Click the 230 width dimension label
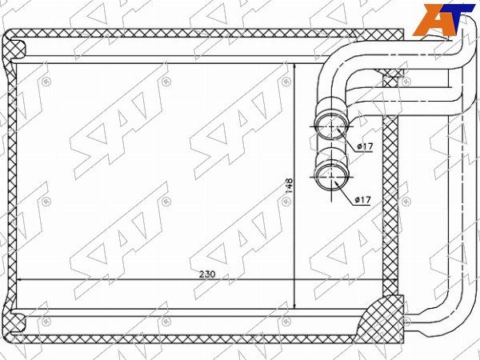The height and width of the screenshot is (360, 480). (x=207, y=274)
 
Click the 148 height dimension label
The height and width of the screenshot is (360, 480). (x=290, y=186)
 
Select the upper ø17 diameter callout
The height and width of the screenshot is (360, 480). (x=365, y=146)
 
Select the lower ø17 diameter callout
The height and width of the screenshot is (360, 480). (x=362, y=200)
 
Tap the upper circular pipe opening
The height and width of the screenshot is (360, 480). (x=332, y=126)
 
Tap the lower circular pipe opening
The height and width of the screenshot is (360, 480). (x=332, y=177)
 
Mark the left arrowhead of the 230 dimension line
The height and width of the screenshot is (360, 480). (x=18, y=279)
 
